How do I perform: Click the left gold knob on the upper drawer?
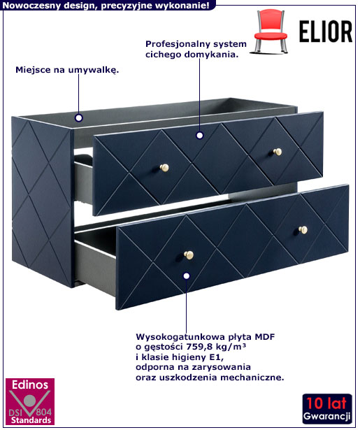pos(164,167)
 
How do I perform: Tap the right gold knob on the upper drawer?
pos(278,152)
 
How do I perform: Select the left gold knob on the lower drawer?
pos(189,255)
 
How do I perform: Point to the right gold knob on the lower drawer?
pos(303,229)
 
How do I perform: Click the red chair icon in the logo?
pos(271,31)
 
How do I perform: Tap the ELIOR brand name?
pos(326,31)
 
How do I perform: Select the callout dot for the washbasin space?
pos(79,118)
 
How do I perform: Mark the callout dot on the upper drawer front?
pos(200,135)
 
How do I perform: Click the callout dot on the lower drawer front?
pos(187,276)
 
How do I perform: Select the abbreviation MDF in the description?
pos(265,336)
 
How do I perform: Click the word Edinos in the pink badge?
pos(30,385)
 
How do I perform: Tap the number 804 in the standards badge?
pos(44,412)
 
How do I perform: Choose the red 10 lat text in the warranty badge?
pos(326,403)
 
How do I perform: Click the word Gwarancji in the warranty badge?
pos(326,416)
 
